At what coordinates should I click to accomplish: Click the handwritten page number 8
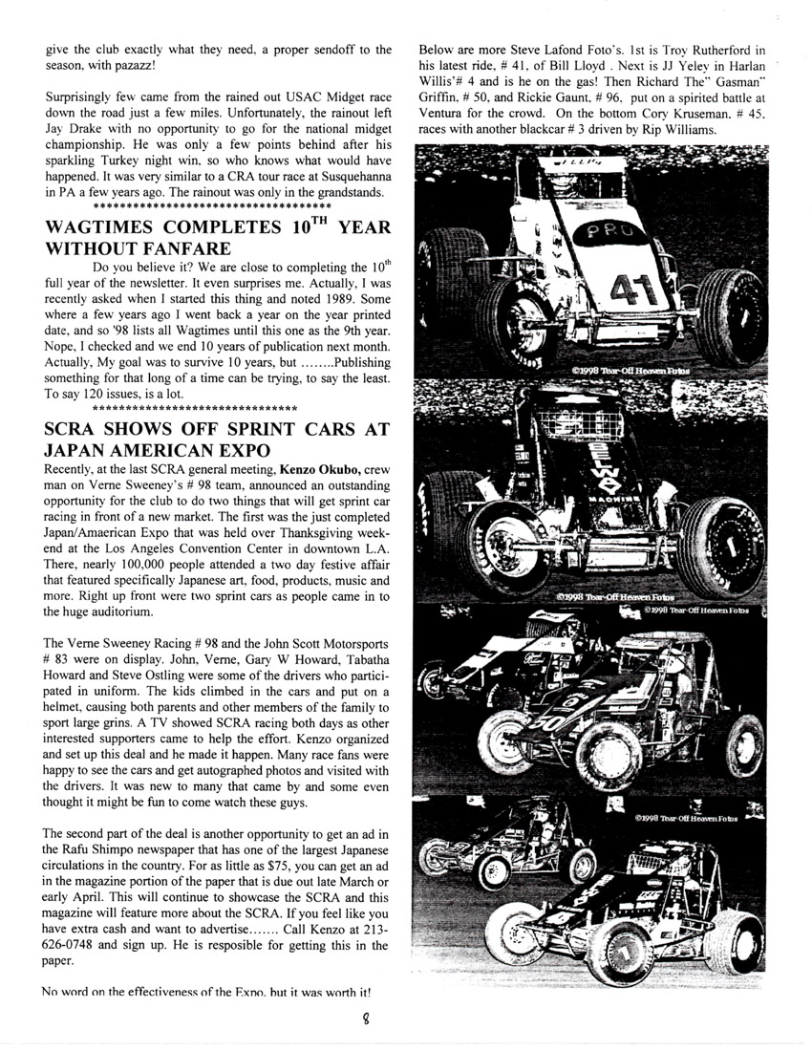[405, 1021]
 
